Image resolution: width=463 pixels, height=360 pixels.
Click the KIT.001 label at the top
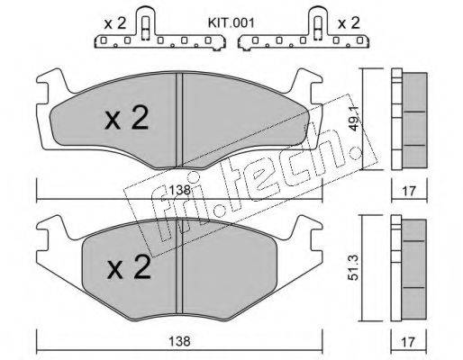[x=231, y=23]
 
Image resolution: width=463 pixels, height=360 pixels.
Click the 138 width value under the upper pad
[x=179, y=190]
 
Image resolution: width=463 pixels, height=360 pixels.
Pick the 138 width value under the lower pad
[x=179, y=341]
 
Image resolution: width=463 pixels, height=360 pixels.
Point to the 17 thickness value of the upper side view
[x=409, y=191]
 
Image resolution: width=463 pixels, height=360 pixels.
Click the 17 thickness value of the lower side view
[x=409, y=342]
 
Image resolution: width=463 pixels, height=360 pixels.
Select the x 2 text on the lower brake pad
[x=129, y=267]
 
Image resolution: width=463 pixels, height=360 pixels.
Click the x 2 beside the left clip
[x=115, y=23]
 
